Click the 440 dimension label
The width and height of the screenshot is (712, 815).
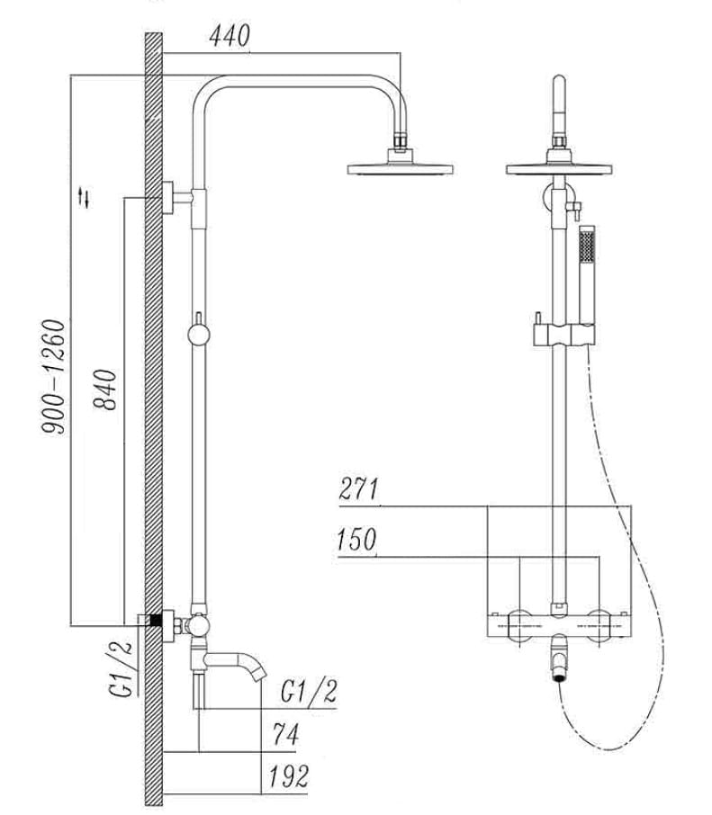[x=230, y=36]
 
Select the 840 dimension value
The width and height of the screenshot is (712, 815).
[x=107, y=389]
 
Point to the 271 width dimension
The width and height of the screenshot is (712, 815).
[x=359, y=490]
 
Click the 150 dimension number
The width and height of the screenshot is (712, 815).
[x=356, y=541]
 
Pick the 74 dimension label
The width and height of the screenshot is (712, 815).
[x=284, y=735]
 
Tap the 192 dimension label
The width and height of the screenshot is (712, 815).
[x=288, y=775]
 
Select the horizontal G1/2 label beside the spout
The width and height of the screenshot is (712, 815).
[x=309, y=692]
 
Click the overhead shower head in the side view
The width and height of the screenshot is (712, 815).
[x=400, y=166]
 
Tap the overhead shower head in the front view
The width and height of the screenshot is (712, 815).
[x=559, y=167]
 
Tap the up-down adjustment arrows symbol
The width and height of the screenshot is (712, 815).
[x=86, y=196]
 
